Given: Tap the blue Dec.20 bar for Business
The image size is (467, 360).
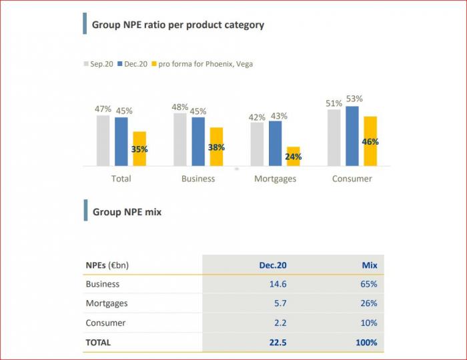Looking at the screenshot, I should (x=198, y=141).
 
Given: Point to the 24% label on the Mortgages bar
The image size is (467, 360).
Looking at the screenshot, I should (x=294, y=157).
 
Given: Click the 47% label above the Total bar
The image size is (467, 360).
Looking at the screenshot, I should (x=103, y=109).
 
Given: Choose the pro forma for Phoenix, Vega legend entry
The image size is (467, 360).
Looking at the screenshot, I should (x=205, y=64).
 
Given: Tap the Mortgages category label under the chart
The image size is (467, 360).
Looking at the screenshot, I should (x=275, y=179).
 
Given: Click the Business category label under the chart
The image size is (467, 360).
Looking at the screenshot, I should (x=198, y=179).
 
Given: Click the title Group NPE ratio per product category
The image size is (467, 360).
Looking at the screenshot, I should (x=177, y=25).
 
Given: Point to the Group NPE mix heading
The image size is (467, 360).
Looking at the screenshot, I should (x=127, y=212).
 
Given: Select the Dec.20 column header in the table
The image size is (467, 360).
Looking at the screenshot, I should (x=273, y=265).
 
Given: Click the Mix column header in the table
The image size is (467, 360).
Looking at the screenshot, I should (x=370, y=265).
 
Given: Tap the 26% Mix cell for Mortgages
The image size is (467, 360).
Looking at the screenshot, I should (x=368, y=303).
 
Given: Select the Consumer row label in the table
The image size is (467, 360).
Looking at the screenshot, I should (x=105, y=323).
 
